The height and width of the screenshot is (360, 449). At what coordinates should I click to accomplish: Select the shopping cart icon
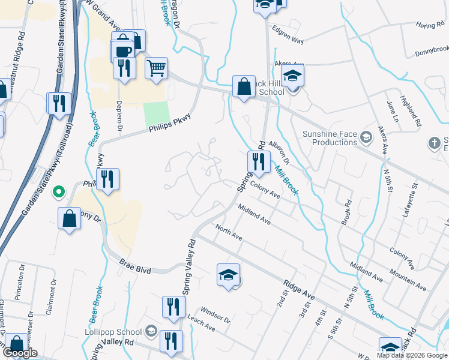point(156,69)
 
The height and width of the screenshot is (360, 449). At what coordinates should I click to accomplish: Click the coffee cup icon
point(123,50)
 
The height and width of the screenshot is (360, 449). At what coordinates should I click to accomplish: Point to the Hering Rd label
point(428,25)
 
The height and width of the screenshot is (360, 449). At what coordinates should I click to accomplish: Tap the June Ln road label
point(393,111)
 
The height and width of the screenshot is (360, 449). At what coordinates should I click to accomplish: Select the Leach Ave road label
point(201,325)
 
